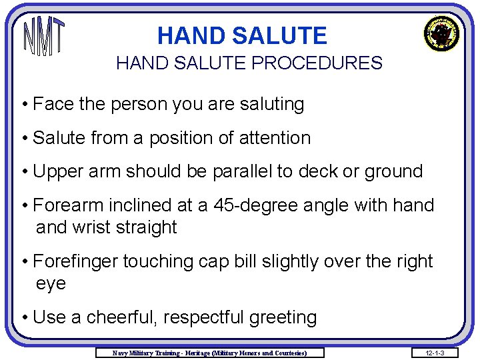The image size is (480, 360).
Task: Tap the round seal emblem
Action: (x=441, y=34)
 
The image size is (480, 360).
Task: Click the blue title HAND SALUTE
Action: (x=242, y=35)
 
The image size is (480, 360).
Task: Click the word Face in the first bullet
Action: (x=53, y=105)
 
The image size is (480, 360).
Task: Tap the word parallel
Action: (x=243, y=171)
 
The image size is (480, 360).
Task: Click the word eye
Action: (x=51, y=283)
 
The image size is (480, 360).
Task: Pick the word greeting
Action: (x=283, y=317)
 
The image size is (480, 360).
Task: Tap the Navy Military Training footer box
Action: (x=210, y=352)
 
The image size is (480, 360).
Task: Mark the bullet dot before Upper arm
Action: (x=24, y=172)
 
